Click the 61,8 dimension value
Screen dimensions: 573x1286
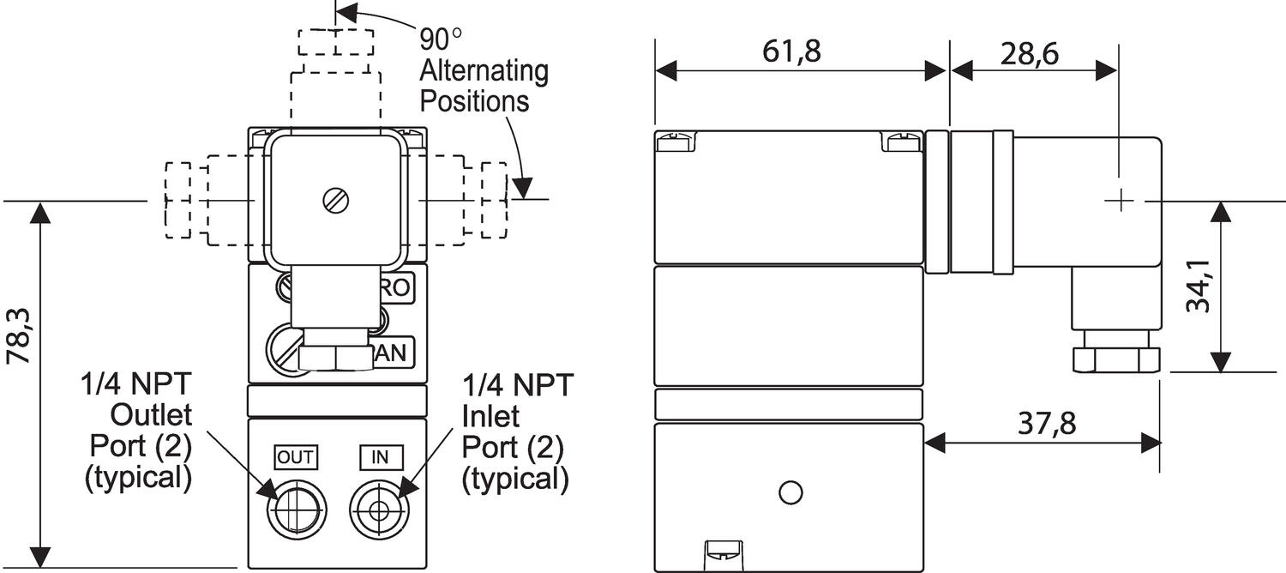click(791, 51)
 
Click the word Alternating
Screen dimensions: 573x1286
click(484, 70)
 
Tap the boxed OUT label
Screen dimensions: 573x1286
click(295, 458)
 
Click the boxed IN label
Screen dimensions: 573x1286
click(380, 458)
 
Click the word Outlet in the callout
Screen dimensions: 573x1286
click(152, 416)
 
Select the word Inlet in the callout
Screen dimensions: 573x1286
click(491, 416)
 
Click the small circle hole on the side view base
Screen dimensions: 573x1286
click(790, 492)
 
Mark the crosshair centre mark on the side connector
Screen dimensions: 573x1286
click(1120, 201)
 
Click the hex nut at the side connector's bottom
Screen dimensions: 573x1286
click(1116, 358)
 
